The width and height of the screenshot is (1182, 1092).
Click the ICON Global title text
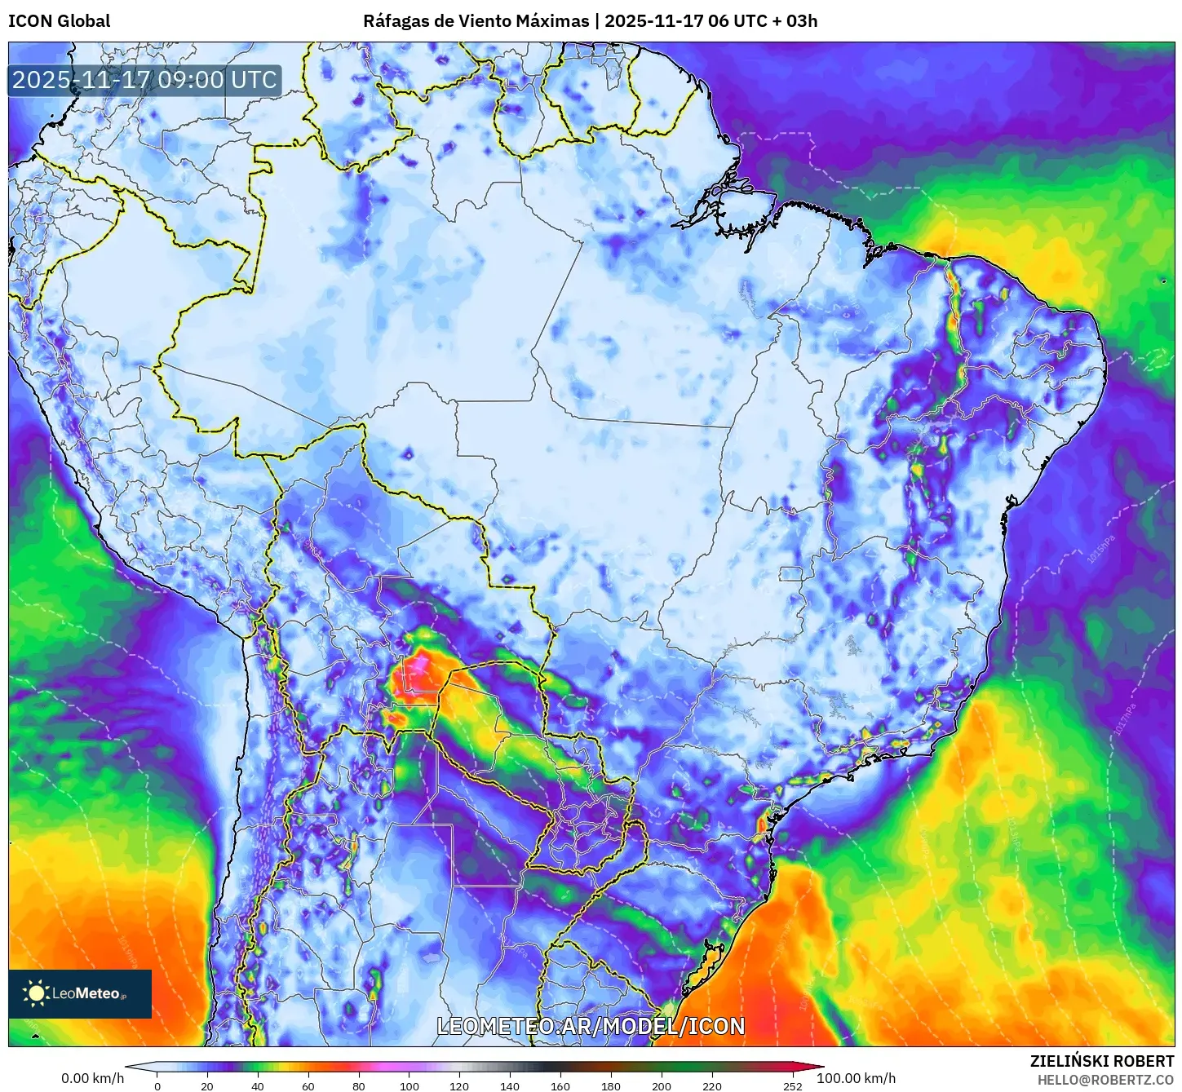59,21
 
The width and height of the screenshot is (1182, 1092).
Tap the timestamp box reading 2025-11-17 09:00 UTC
144,80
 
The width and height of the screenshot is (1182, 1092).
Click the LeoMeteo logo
80,993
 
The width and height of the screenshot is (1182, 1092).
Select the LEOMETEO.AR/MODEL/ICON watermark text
591,1026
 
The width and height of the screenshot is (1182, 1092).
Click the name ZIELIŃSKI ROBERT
1101,1061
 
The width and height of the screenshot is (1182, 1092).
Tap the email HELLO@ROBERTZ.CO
1105,1080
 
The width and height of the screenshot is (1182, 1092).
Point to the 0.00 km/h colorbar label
92,1078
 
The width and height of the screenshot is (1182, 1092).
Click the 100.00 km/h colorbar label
856,1078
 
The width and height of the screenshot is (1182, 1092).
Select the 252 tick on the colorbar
793,1086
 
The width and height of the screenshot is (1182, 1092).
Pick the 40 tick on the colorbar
258,1086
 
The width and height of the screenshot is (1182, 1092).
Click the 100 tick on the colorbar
409,1086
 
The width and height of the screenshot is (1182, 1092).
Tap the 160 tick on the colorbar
560,1086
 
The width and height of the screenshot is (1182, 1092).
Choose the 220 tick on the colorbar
712,1086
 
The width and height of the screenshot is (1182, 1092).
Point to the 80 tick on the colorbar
359,1086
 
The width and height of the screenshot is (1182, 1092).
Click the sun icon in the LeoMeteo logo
36,993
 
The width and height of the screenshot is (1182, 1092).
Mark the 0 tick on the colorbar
157,1086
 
